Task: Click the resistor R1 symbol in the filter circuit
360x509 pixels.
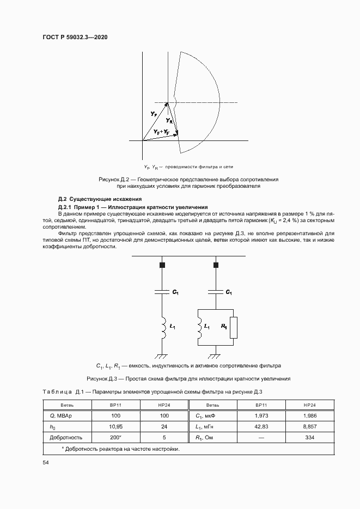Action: coord(233,327)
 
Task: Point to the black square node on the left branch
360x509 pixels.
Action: coord(162,265)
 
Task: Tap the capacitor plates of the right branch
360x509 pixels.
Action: coord(216,292)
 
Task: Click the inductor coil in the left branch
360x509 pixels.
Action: coord(162,327)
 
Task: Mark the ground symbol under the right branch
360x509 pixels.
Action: coord(216,357)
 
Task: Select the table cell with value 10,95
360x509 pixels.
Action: coord(115,426)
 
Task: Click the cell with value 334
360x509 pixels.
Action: coord(309,437)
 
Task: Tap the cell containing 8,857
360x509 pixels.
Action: coord(309,426)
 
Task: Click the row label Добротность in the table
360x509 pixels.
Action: coord(66,437)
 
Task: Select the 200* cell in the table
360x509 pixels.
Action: coord(115,437)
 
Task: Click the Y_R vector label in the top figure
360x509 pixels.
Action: coord(169,120)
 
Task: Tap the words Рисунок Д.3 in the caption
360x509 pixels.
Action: coord(103,378)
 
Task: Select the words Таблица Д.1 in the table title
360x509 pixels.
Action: coord(62,391)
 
